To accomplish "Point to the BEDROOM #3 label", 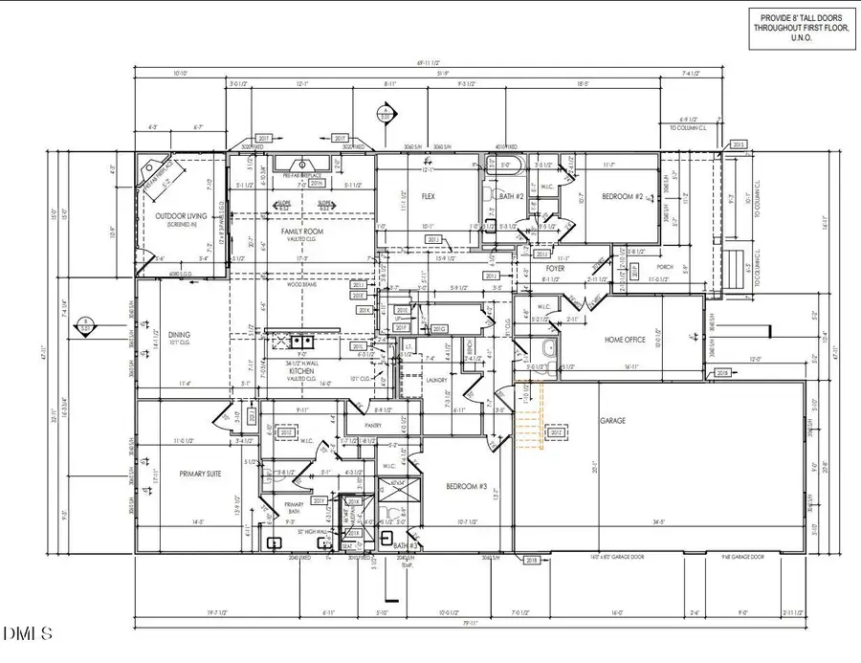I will coord(468,487).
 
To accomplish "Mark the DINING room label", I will coord(180,334).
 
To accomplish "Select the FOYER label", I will coord(555,269).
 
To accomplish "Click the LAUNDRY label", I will coord(434,378).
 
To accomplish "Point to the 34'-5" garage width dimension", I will coord(658,522).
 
